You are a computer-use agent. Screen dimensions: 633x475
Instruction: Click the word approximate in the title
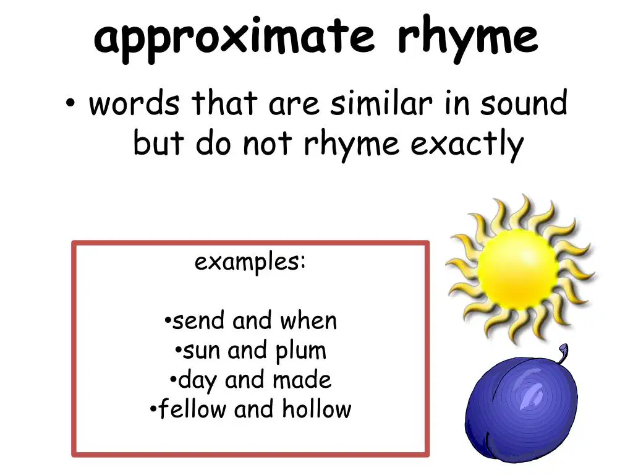pos(234,39)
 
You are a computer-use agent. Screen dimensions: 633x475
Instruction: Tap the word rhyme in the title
pos(468,38)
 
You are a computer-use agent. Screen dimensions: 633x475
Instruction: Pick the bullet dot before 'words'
pos(70,104)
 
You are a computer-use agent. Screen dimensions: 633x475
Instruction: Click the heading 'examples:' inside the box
pos(250,262)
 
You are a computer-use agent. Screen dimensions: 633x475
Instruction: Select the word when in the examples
pos(308,321)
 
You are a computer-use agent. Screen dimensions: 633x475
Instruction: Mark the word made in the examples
pos(302,380)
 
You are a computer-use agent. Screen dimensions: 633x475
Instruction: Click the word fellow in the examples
pos(192,409)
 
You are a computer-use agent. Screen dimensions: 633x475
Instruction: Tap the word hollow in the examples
pos(316,409)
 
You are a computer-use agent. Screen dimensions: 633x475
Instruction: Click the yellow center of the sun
pos(518,268)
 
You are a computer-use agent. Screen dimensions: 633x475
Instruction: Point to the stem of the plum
pos(563,353)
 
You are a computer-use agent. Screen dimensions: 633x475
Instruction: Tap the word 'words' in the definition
pos(134,103)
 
